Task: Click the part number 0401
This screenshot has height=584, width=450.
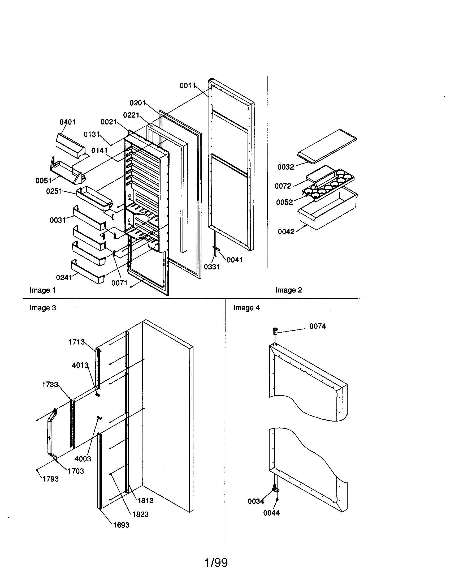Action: tap(67, 122)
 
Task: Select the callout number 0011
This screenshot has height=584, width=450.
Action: tap(187, 86)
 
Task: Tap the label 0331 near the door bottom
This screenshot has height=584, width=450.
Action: tap(212, 267)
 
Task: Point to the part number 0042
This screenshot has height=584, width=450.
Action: tap(286, 231)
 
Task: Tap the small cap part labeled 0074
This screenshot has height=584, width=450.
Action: tap(274, 331)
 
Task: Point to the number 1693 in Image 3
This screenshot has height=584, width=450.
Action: tap(121, 525)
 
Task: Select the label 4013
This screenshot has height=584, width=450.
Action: tap(80, 365)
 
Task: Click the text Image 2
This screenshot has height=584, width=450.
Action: tap(289, 290)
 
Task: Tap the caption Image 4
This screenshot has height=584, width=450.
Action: tap(246, 308)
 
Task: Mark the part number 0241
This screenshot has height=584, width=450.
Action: tap(64, 278)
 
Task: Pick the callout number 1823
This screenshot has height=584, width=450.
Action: tap(140, 514)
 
